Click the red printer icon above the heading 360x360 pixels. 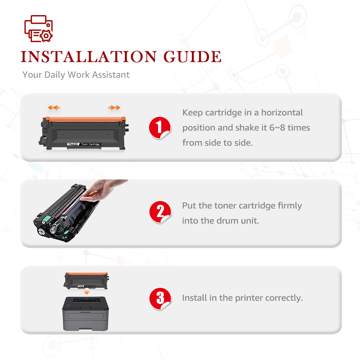click(x=39, y=28)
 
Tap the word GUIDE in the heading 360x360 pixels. click(x=192, y=57)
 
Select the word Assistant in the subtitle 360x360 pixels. click(x=111, y=75)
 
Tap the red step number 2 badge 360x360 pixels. click(x=160, y=212)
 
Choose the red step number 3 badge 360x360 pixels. click(x=160, y=298)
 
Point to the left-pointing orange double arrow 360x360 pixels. click(x=54, y=107)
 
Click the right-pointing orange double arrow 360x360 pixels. click(x=114, y=107)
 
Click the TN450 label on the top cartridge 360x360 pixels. click(x=73, y=144)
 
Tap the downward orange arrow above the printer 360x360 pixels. click(x=86, y=292)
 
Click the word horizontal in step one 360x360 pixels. click(x=282, y=112)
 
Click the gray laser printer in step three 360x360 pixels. click(x=85, y=314)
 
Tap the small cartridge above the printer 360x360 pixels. click(x=86, y=280)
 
